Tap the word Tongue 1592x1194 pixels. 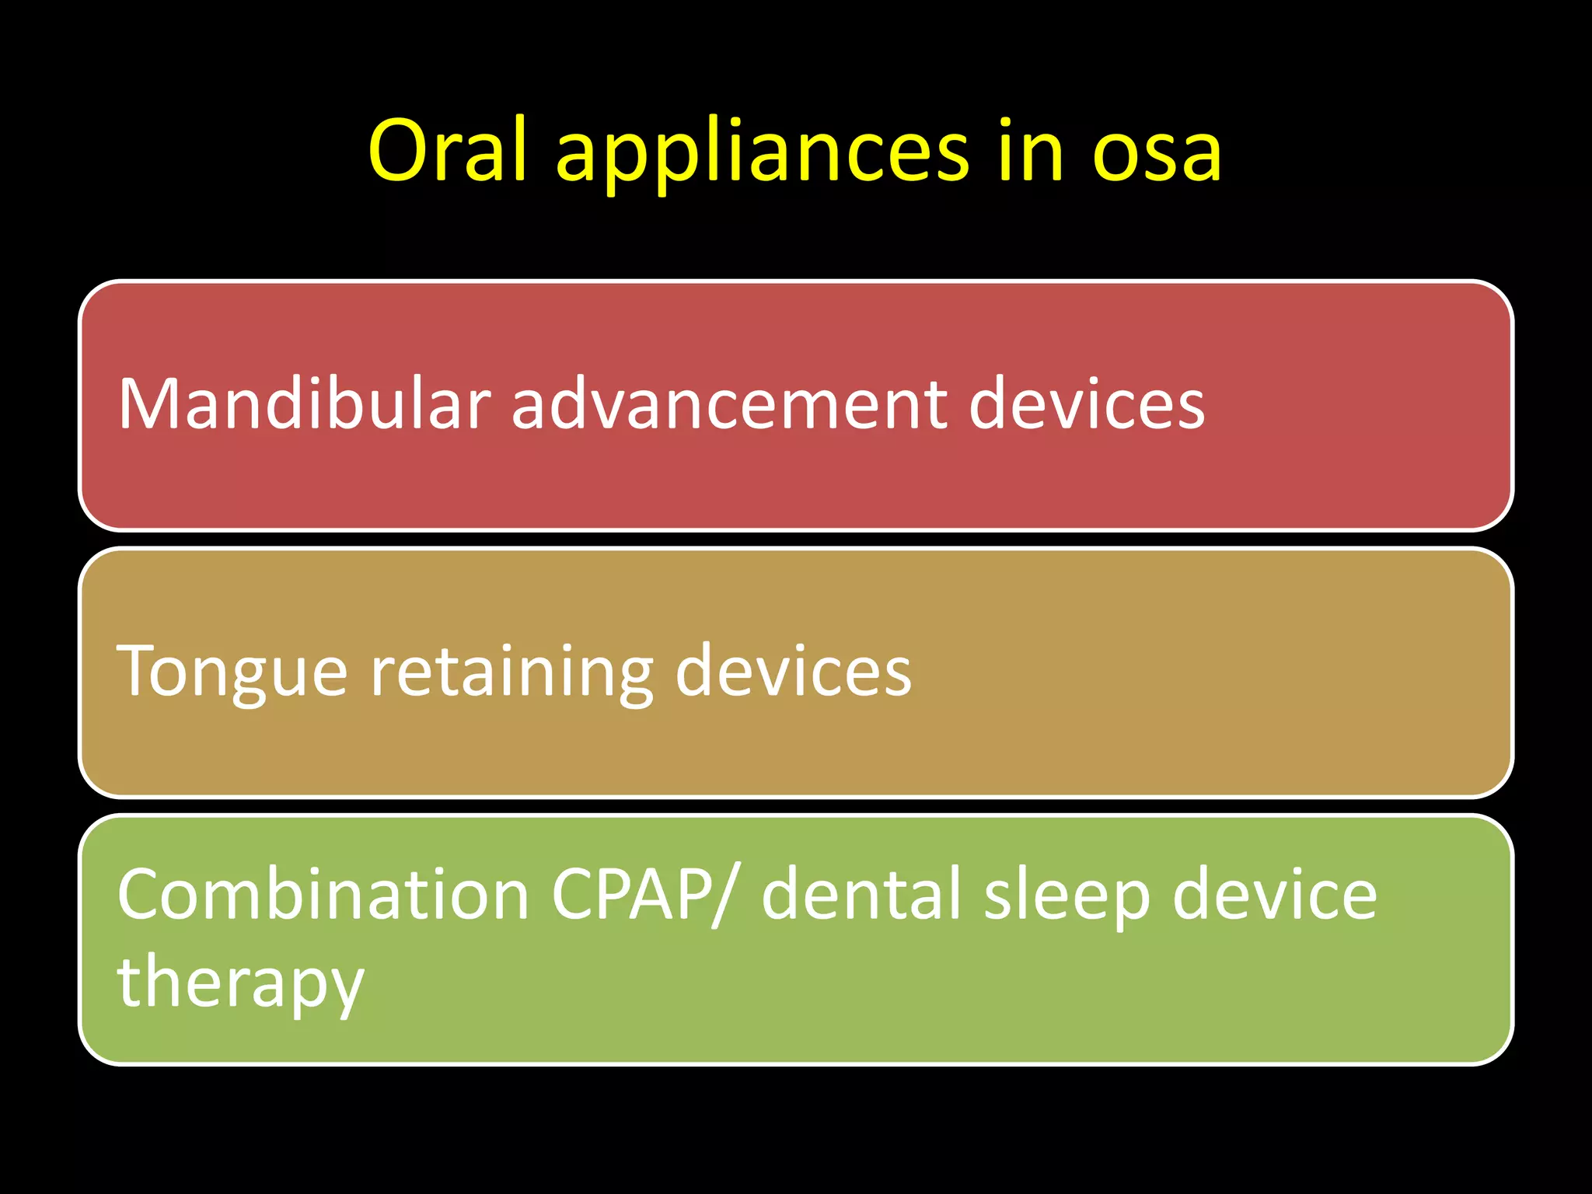(x=232, y=672)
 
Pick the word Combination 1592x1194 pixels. (x=323, y=895)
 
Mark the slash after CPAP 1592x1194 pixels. (x=720, y=896)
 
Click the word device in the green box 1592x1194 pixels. (x=1274, y=895)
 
